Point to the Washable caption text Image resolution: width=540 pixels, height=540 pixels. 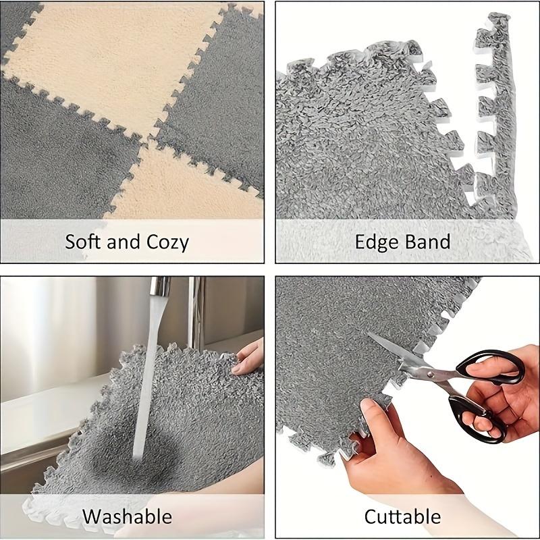(127, 517)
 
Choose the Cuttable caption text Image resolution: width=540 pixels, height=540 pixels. (402, 517)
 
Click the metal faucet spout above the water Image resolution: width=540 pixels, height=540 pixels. (160, 287)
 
